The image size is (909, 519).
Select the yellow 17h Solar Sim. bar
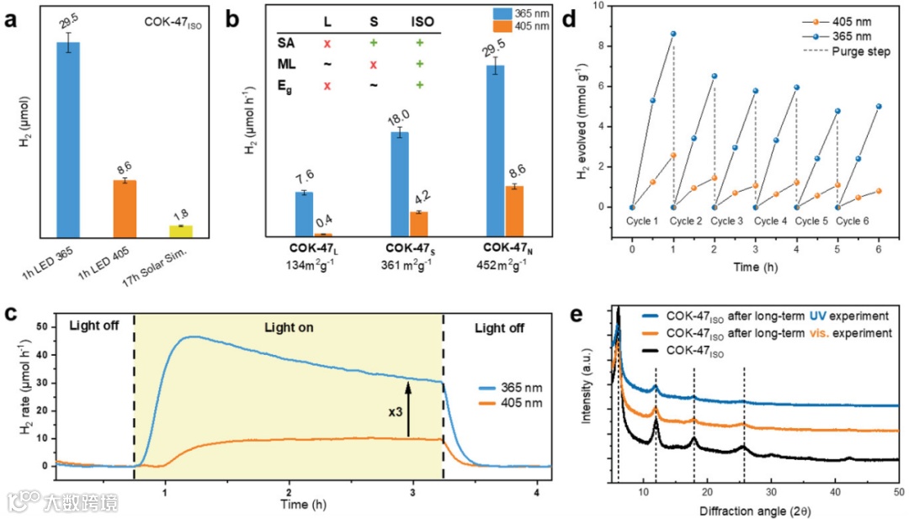tap(181, 230)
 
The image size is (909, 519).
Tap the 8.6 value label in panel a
tap(125, 169)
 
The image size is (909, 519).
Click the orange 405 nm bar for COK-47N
tap(513, 210)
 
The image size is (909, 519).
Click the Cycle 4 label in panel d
tap(771, 221)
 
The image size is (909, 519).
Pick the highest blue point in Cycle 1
tap(673, 34)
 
